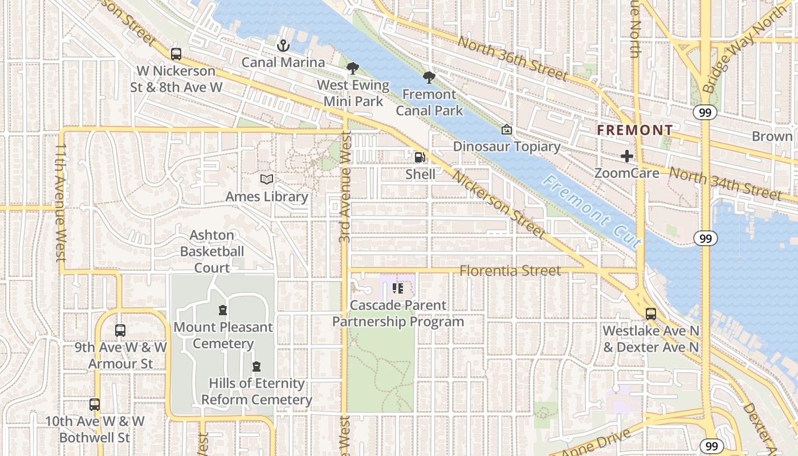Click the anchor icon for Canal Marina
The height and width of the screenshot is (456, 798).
click(282, 45)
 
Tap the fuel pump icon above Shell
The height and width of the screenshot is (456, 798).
click(420, 157)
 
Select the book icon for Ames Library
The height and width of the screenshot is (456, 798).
click(266, 179)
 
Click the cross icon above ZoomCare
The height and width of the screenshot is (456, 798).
click(627, 156)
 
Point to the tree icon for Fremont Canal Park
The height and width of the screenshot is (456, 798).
click(429, 77)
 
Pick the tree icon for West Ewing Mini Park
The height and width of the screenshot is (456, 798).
click(353, 68)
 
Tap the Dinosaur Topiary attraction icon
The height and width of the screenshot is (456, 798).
click(506, 129)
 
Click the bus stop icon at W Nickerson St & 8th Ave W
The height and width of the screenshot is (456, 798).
click(176, 54)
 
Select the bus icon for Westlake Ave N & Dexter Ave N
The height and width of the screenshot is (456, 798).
click(650, 313)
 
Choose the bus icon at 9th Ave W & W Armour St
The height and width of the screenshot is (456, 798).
click(120, 330)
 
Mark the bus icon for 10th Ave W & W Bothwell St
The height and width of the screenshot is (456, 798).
click(95, 405)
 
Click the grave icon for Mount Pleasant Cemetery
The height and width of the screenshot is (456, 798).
click(223, 310)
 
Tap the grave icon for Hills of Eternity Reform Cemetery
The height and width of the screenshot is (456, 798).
click(256, 366)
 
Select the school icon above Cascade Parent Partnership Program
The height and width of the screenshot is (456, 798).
click(398, 288)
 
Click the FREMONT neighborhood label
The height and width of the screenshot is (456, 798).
click(634, 131)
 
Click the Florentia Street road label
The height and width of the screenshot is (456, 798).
click(510, 271)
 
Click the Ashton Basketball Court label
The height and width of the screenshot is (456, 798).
click(212, 251)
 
